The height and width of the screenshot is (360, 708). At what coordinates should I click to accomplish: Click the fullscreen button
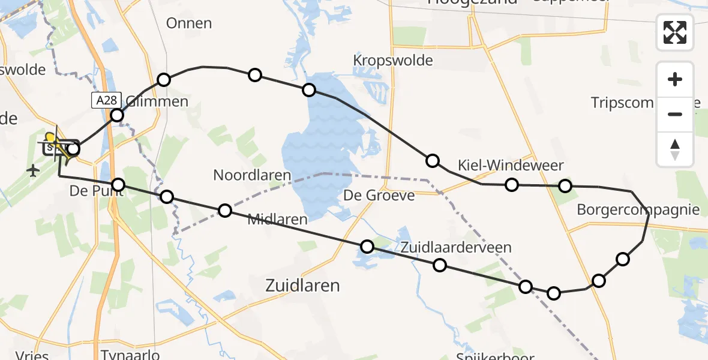(675, 32)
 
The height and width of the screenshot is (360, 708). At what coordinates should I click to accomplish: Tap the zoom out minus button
(675, 114)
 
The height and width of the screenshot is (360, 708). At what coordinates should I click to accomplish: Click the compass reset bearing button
(675, 149)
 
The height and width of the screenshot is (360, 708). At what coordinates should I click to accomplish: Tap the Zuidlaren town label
(302, 286)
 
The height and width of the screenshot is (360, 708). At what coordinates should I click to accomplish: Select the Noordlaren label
(252, 176)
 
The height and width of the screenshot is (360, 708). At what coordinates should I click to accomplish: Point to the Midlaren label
(277, 219)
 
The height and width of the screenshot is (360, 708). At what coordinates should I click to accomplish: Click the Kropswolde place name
(393, 61)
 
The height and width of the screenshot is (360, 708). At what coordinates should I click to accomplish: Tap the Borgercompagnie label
(638, 210)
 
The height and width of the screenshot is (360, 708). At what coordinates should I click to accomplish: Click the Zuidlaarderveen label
(456, 247)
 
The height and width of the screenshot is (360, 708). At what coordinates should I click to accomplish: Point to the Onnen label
(189, 23)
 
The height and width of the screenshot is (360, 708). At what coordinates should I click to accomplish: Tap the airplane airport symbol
(33, 172)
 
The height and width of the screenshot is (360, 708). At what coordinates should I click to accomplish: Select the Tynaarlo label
(130, 355)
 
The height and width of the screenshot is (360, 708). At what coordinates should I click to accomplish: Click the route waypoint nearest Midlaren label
(225, 210)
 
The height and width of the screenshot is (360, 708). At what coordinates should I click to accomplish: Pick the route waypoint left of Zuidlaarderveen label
(367, 246)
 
